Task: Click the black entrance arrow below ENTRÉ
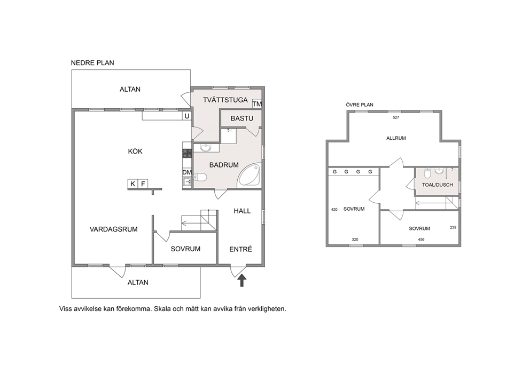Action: [x=241, y=281]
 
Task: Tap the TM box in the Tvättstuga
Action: [x=257, y=104]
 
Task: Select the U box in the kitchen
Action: [x=187, y=116]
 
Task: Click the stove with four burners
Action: [x=187, y=154]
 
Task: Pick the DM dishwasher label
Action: [x=187, y=172]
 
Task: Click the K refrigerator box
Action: [x=133, y=184]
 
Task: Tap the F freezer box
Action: [x=143, y=184]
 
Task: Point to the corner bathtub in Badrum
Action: [x=250, y=175]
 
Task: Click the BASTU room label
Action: [x=242, y=118]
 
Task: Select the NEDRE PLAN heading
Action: [x=92, y=63]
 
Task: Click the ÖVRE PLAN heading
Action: [x=360, y=105]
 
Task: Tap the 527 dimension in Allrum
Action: [x=396, y=117]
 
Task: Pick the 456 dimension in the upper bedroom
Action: [x=421, y=240]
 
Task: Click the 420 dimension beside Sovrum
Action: [x=334, y=210]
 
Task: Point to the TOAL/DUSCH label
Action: [x=438, y=185]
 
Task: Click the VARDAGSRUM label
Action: [x=114, y=229]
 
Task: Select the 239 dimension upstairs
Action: [x=453, y=227]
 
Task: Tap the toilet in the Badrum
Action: [x=200, y=177]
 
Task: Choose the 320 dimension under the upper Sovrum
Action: [x=355, y=240]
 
